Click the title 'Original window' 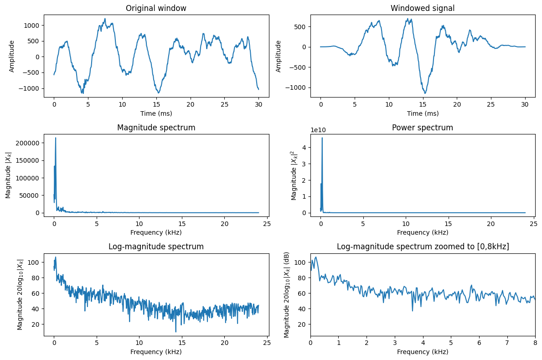[156, 8]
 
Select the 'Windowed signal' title [423, 8]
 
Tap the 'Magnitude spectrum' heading [156, 128]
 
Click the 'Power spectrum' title [423, 128]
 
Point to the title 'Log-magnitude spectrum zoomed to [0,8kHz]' [423, 247]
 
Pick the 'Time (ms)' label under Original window [156, 113]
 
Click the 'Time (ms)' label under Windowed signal [423, 113]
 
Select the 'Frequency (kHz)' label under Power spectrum [423, 232]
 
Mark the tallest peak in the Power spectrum [322, 138]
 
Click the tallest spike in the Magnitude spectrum [56, 138]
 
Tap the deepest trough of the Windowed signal [424, 93]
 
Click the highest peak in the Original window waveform [105, 19]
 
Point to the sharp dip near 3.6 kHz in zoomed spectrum [413, 311]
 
